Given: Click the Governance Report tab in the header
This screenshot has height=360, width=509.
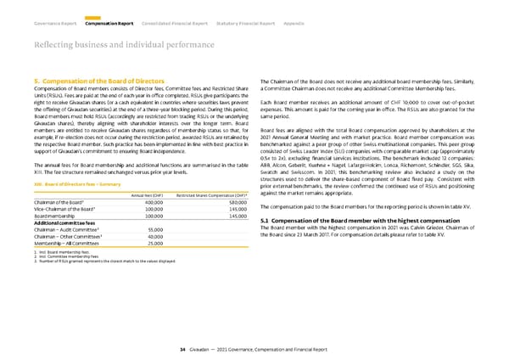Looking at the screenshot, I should (55, 12).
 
